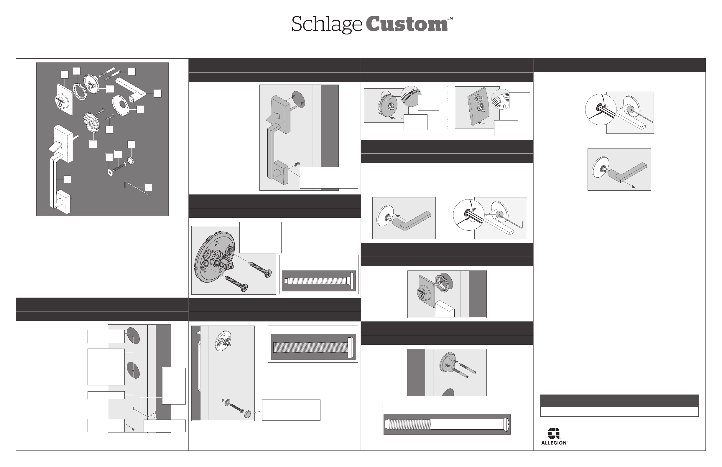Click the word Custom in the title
tap(407, 24)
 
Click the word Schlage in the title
tap(327, 25)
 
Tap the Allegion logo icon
tap(554, 433)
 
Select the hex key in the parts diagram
tap(137, 188)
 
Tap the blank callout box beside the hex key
tap(148, 187)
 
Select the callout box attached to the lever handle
tap(157, 93)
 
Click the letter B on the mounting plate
tap(213, 251)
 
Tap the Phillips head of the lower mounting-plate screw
tap(243, 287)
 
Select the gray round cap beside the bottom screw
tap(248, 415)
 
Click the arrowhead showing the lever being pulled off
tap(634, 187)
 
